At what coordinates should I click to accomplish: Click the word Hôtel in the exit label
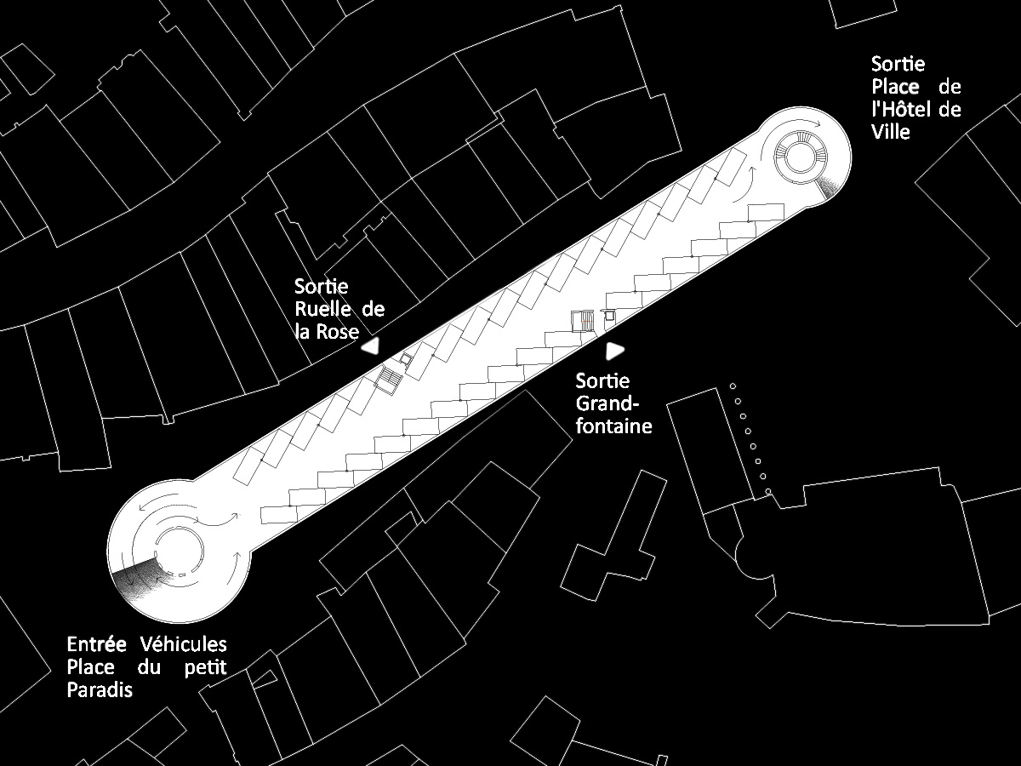pyautogui.click(x=901, y=109)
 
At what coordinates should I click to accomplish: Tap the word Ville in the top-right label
pyautogui.click(x=891, y=132)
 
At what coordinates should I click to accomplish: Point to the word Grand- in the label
pyautogui.click(x=607, y=403)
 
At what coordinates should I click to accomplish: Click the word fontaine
pyautogui.click(x=614, y=426)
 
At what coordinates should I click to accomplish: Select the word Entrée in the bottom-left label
pyautogui.click(x=97, y=644)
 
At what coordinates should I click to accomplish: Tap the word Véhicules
pyautogui.click(x=184, y=644)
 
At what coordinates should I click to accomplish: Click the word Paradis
pyautogui.click(x=100, y=689)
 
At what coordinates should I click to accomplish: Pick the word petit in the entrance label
pyautogui.click(x=206, y=668)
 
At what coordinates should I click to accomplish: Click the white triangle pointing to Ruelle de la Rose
pyautogui.click(x=371, y=346)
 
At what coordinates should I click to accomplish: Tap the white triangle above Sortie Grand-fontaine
pyautogui.click(x=615, y=352)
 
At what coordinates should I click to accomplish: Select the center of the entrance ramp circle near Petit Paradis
pyautogui.click(x=179, y=552)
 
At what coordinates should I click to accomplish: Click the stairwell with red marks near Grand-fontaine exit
pyautogui.click(x=583, y=321)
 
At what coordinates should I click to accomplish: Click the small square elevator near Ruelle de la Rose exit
pyautogui.click(x=407, y=359)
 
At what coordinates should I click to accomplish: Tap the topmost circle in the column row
pyautogui.click(x=733, y=386)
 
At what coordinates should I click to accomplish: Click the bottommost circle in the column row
pyautogui.click(x=768, y=491)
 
